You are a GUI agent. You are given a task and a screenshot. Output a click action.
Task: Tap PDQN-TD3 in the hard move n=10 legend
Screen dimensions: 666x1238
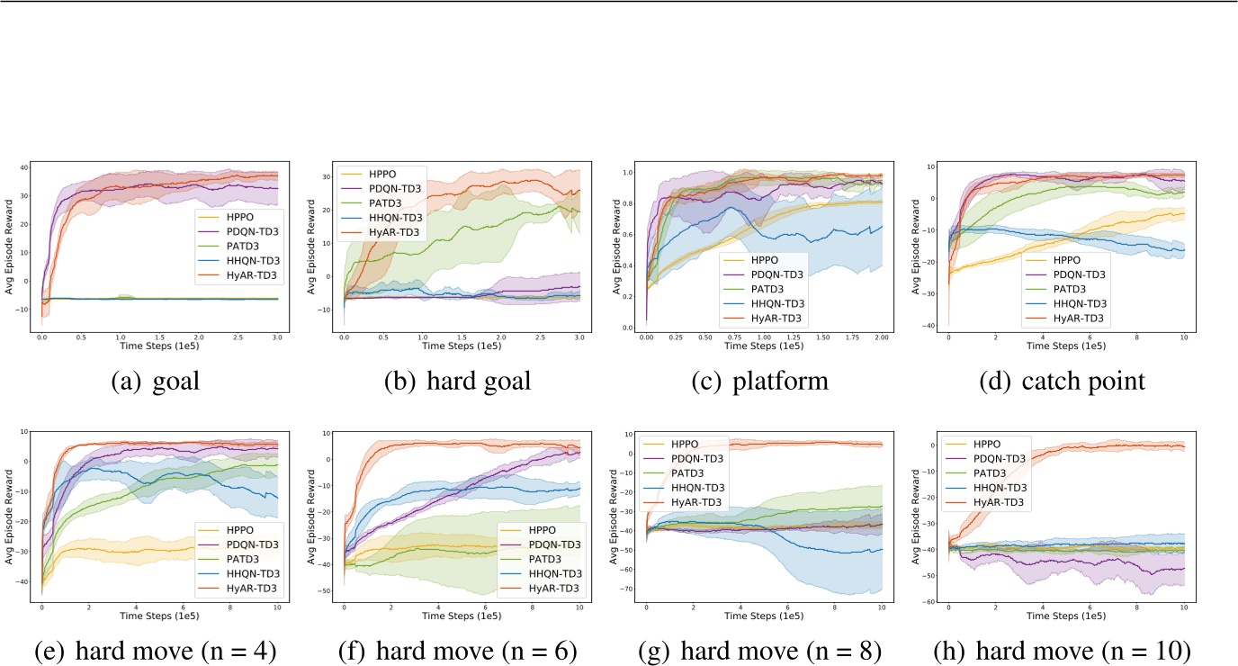[996, 458]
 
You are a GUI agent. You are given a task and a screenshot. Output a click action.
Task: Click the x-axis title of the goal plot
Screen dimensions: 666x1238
[158, 346]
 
